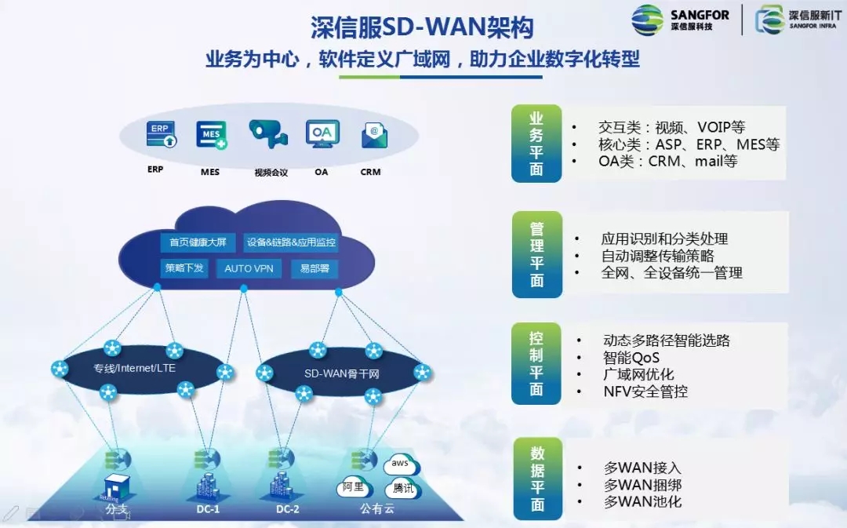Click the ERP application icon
point(161,135)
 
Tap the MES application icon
point(212,135)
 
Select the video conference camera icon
point(268,135)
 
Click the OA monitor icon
point(322,135)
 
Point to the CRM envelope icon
point(374,136)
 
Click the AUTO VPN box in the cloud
point(249,268)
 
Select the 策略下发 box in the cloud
point(184,268)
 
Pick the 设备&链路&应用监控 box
point(291,242)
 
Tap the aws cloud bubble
point(401,464)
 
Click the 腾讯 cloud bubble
point(405,488)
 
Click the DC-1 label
point(208,509)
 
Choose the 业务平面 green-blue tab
point(536,144)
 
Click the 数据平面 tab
point(536,479)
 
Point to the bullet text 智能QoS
point(631,358)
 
